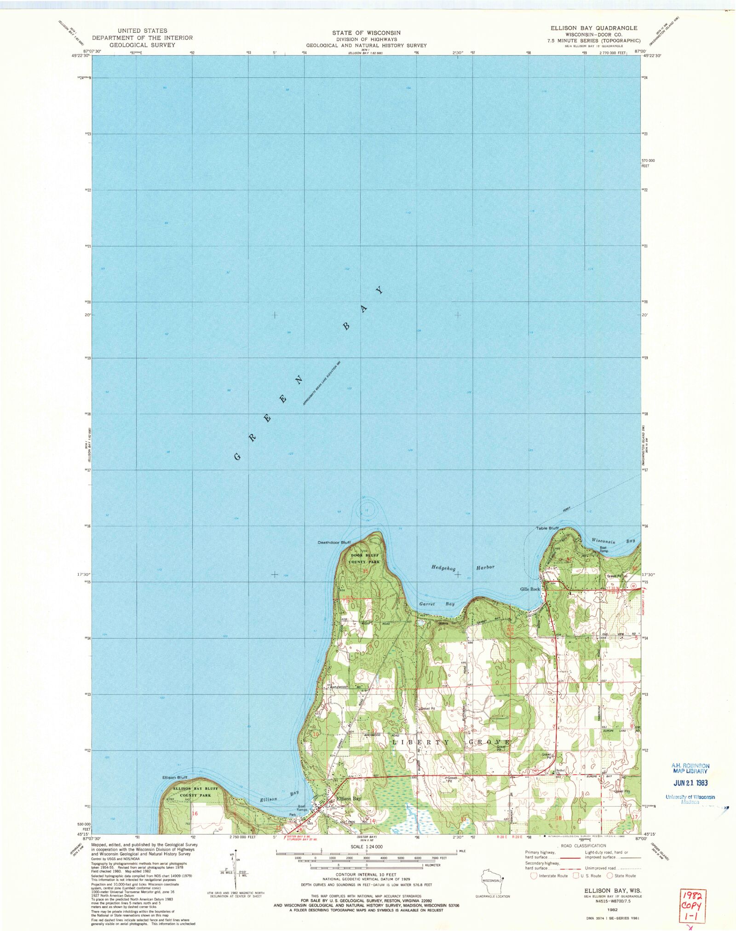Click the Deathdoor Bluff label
point(334,542)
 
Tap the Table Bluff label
point(547,528)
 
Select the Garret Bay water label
point(437,604)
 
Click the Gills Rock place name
point(530,589)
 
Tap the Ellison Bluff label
point(175,777)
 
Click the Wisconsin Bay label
point(613,541)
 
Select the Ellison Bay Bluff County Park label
point(195,792)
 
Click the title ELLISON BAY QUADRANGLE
point(594,28)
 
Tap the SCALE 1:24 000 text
point(366,846)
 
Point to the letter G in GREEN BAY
point(237,457)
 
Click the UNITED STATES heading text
point(142,31)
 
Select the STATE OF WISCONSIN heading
point(366,33)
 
